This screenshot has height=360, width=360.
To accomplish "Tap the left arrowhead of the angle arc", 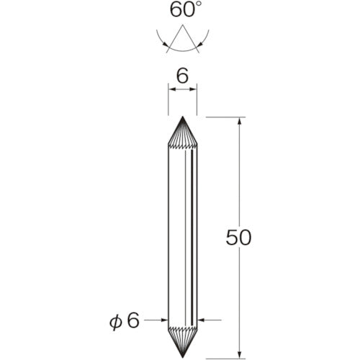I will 167,45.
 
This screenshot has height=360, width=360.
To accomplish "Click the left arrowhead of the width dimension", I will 171,89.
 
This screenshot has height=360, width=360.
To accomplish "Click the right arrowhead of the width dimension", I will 194,89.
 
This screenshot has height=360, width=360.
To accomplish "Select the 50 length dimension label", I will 238,238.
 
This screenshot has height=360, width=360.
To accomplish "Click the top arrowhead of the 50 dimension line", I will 238,120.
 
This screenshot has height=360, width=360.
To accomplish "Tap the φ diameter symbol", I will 114,319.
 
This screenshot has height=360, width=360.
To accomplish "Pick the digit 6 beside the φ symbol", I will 132,319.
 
